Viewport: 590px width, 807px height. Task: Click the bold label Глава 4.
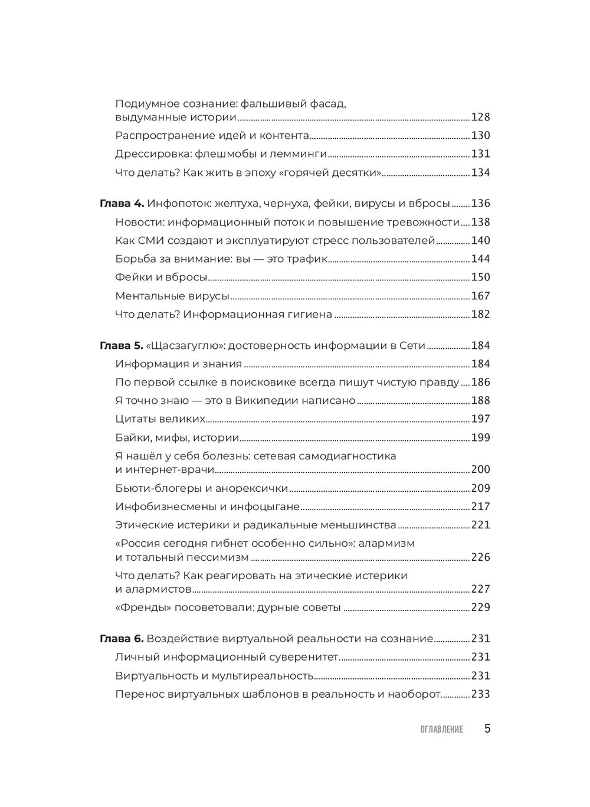[x=122, y=204]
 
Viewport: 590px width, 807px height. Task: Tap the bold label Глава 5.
[x=122, y=345]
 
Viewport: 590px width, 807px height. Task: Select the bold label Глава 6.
[x=122, y=638]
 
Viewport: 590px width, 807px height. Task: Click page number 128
[x=480, y=117]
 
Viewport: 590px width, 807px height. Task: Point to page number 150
[x=480, y=277]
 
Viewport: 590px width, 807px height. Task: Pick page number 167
[x=480, y=296]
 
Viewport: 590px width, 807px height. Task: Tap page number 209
[x=480, y=488]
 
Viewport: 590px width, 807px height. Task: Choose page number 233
[x=480, y=694]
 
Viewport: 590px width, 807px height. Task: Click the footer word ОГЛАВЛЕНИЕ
[x=442, y=729]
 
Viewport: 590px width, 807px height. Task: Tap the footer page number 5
[x=487, y=728]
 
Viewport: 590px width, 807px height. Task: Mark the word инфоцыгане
[x=270, y=507]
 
